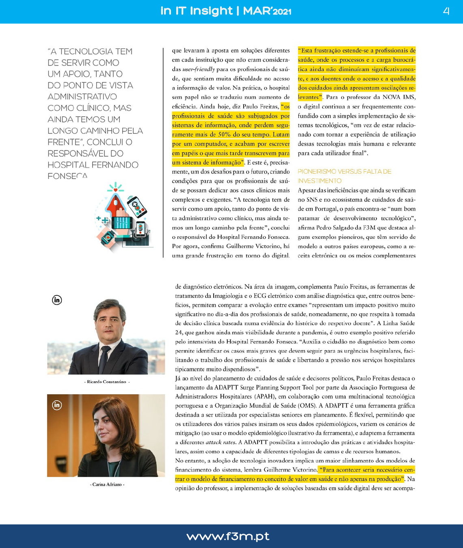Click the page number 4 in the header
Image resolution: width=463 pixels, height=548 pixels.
click(446, 11)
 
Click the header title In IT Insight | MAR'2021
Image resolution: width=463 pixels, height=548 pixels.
click(226, 11)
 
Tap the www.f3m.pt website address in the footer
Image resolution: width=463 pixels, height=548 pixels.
click(228, 536)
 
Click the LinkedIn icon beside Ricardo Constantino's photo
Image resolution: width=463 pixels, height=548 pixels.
click(57, 300)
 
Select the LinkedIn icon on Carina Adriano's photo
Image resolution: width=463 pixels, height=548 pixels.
click(57, 405)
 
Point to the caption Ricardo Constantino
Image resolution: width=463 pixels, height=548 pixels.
click(106, 382)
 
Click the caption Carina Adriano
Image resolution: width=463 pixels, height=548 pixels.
click(107, 485)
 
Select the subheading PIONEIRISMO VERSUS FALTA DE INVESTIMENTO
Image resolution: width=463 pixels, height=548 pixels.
click(344, 176)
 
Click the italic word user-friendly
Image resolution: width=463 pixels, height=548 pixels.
click(199, 69)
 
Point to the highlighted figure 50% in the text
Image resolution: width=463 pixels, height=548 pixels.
click(224, 135)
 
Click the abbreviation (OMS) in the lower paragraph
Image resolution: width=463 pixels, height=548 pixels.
click(307, 406)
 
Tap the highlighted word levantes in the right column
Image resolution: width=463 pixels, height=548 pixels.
click(309, 97)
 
